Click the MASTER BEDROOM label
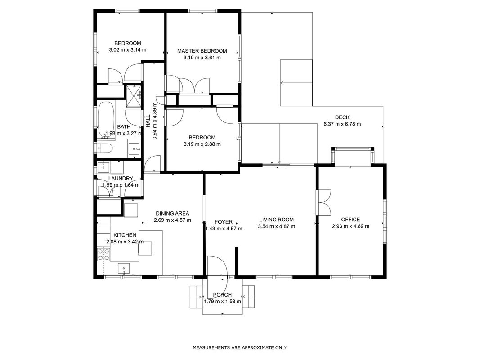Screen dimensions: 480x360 [202, 51]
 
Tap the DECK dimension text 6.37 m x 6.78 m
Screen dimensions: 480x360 [342, 124]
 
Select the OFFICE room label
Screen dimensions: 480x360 [350, 220]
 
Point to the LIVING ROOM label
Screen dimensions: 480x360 [276, 220]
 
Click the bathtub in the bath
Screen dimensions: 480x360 [106, 119]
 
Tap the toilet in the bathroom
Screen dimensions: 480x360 [104, 148]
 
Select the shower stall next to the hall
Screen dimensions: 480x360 [134, 96]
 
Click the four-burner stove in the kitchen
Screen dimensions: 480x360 [103, 254]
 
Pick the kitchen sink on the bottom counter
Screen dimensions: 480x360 [124, 269]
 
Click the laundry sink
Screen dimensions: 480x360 [103, 167]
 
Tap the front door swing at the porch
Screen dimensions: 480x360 [217, 266]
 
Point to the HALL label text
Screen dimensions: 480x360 [148, 121]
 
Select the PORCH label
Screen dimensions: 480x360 [222, 295]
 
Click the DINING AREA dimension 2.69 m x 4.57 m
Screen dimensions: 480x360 [172, 220]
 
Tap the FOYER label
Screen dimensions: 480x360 [224, 222]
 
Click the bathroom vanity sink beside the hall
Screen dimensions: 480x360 [134, 149]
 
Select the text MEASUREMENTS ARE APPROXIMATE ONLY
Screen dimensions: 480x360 [240, 347]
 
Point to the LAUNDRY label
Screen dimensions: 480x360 [121, 179]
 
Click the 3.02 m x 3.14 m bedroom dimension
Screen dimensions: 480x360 [128, 50]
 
